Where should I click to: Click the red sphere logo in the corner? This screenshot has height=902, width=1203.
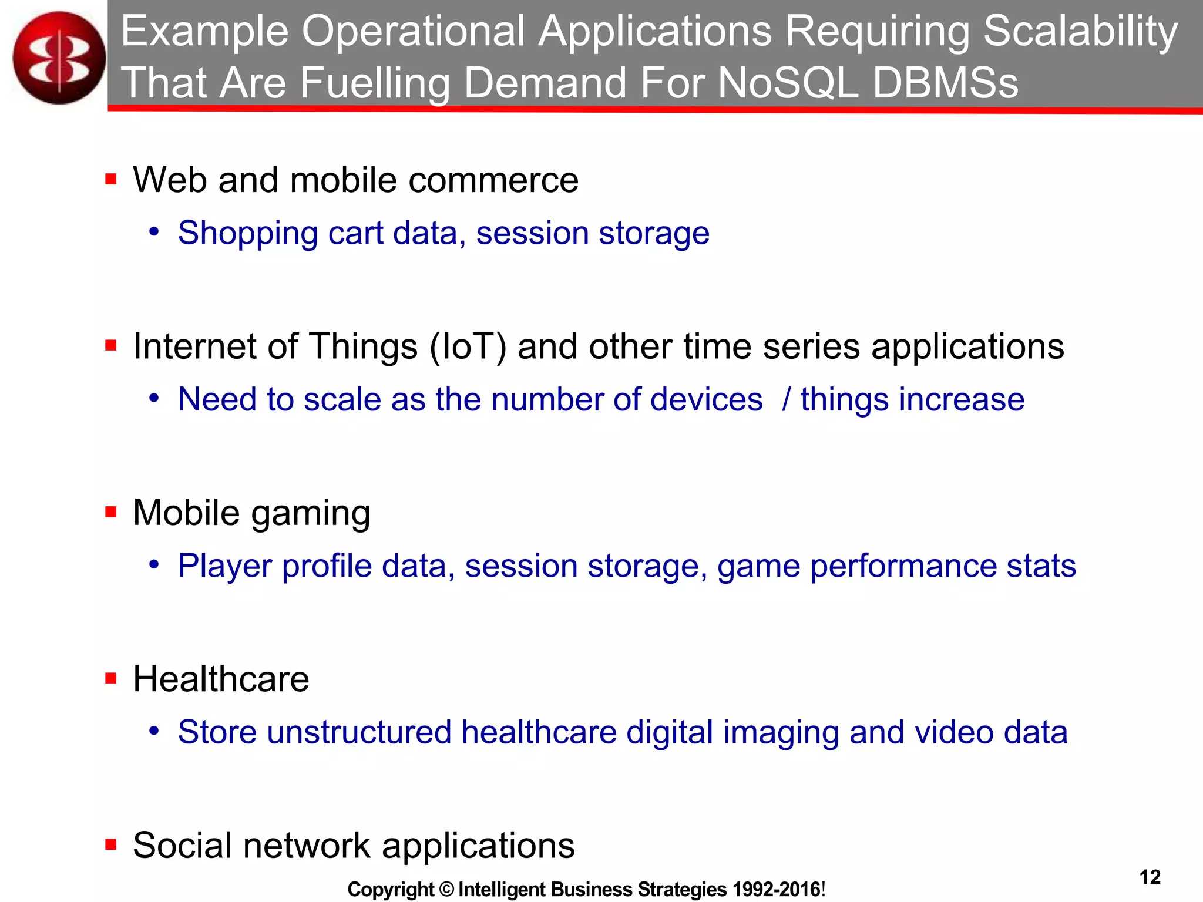[59, 58]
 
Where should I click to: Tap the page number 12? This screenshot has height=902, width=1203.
[1150, 877]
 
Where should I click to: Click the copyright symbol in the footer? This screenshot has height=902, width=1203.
[446, 890]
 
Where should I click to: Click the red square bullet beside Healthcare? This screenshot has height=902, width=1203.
[110, 679]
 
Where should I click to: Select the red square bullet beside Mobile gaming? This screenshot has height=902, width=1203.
[110, 513]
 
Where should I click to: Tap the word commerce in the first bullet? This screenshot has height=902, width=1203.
[493, 180]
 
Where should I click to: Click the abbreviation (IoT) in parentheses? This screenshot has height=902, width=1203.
[468, 346]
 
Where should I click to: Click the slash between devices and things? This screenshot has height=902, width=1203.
[787, 400]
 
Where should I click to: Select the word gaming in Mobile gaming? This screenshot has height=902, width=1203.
[311, 514]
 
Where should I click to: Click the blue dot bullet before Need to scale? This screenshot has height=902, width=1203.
[154, 399]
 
